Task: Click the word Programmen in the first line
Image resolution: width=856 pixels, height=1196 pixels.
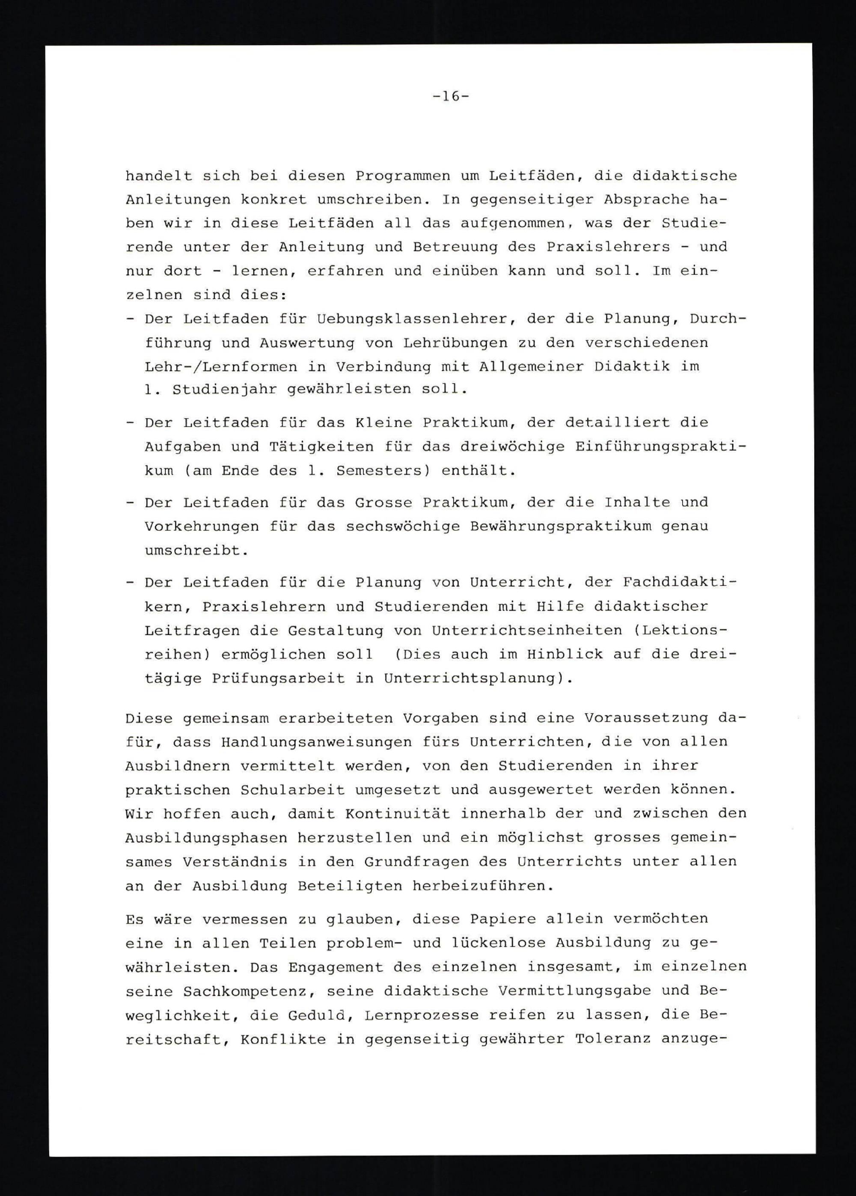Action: click(402, 176)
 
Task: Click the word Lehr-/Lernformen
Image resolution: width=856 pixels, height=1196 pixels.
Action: click(221, 366)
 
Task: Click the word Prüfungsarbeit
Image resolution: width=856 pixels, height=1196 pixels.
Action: click(278, 678)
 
